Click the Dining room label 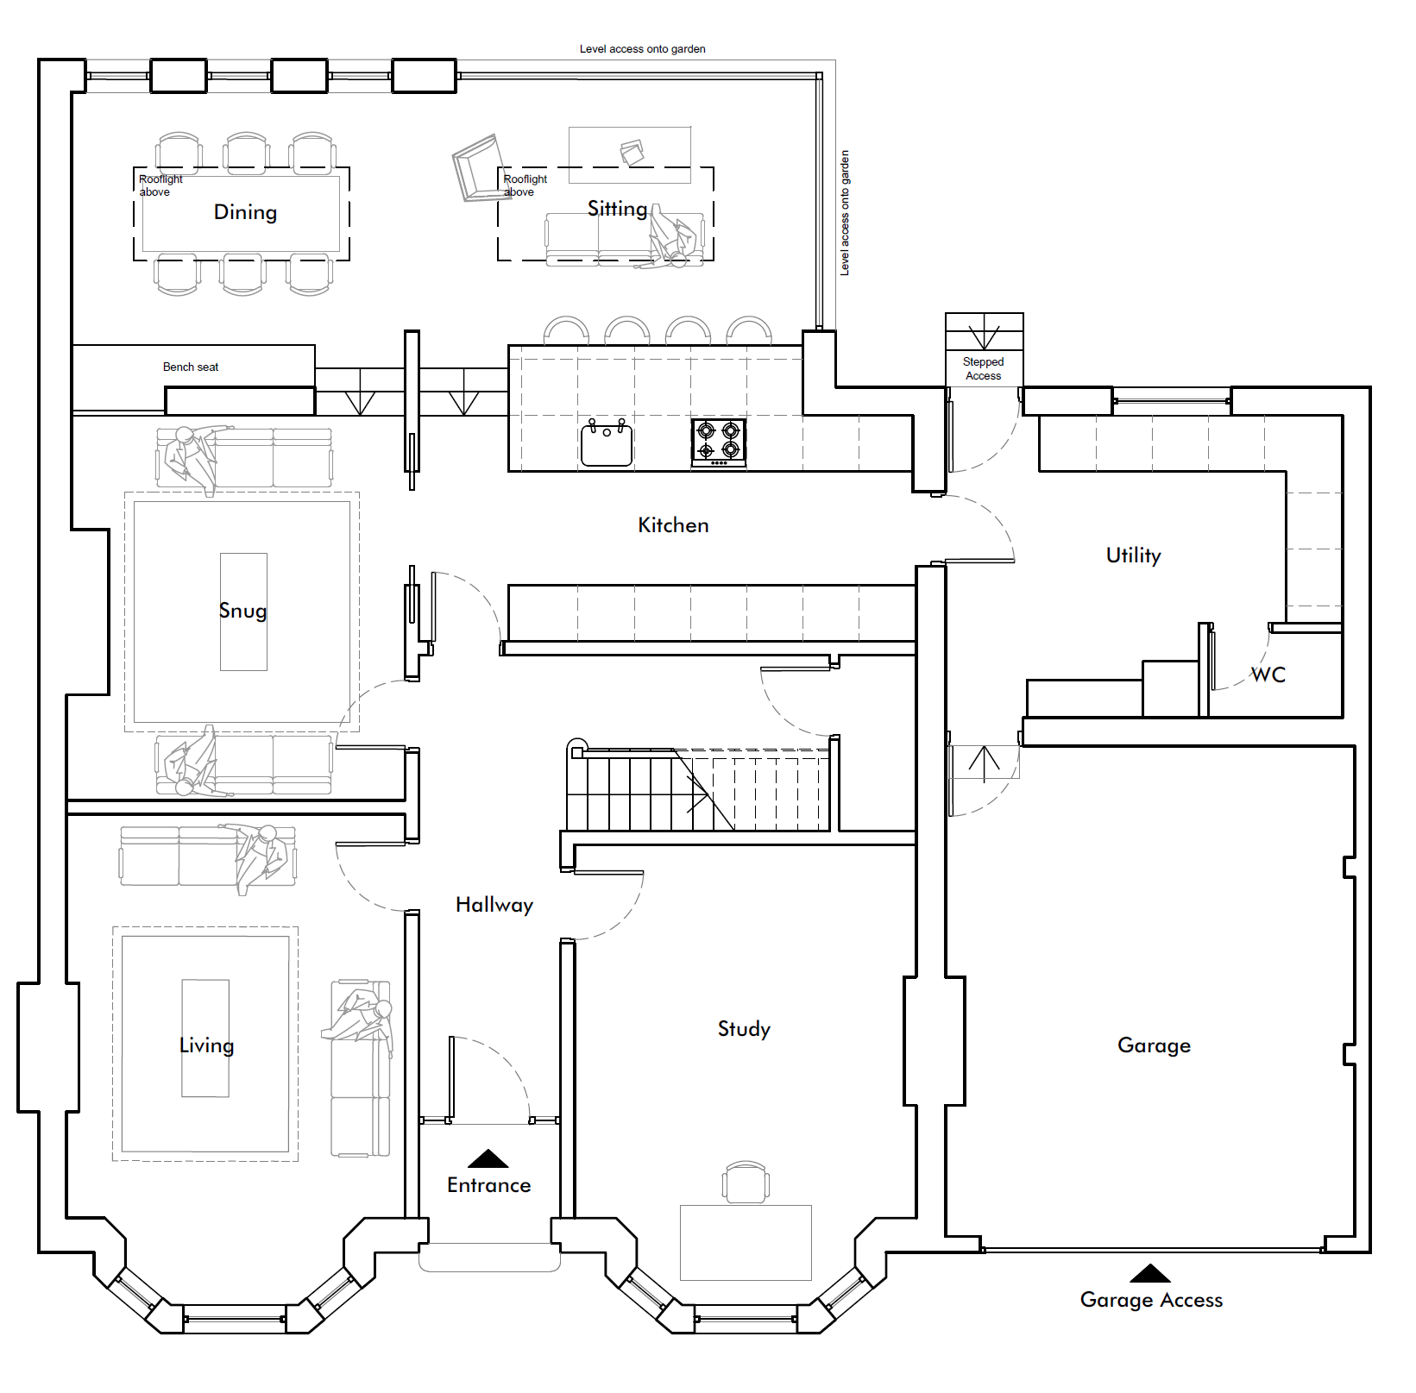coord(245,212)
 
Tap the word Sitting coord(617,209)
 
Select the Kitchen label coord(673,525)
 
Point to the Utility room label coord(1134,555)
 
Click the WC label coord(1268,675)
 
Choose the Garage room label coord(1154,1045)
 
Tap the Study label coord(744,1029)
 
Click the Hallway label coord(494,905)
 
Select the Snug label coord(242,612)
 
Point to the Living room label coord(206,1045)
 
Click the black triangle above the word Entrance coord(488,1158)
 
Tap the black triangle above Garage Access coord(1150,1273)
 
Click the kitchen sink coord(607,442)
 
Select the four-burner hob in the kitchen coord(719,442)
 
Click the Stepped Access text coord(984,369)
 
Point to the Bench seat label coord(191,367)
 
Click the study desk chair coord(746,1182)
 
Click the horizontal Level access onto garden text coord(643,49)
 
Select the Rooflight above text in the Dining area coord(160,185)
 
